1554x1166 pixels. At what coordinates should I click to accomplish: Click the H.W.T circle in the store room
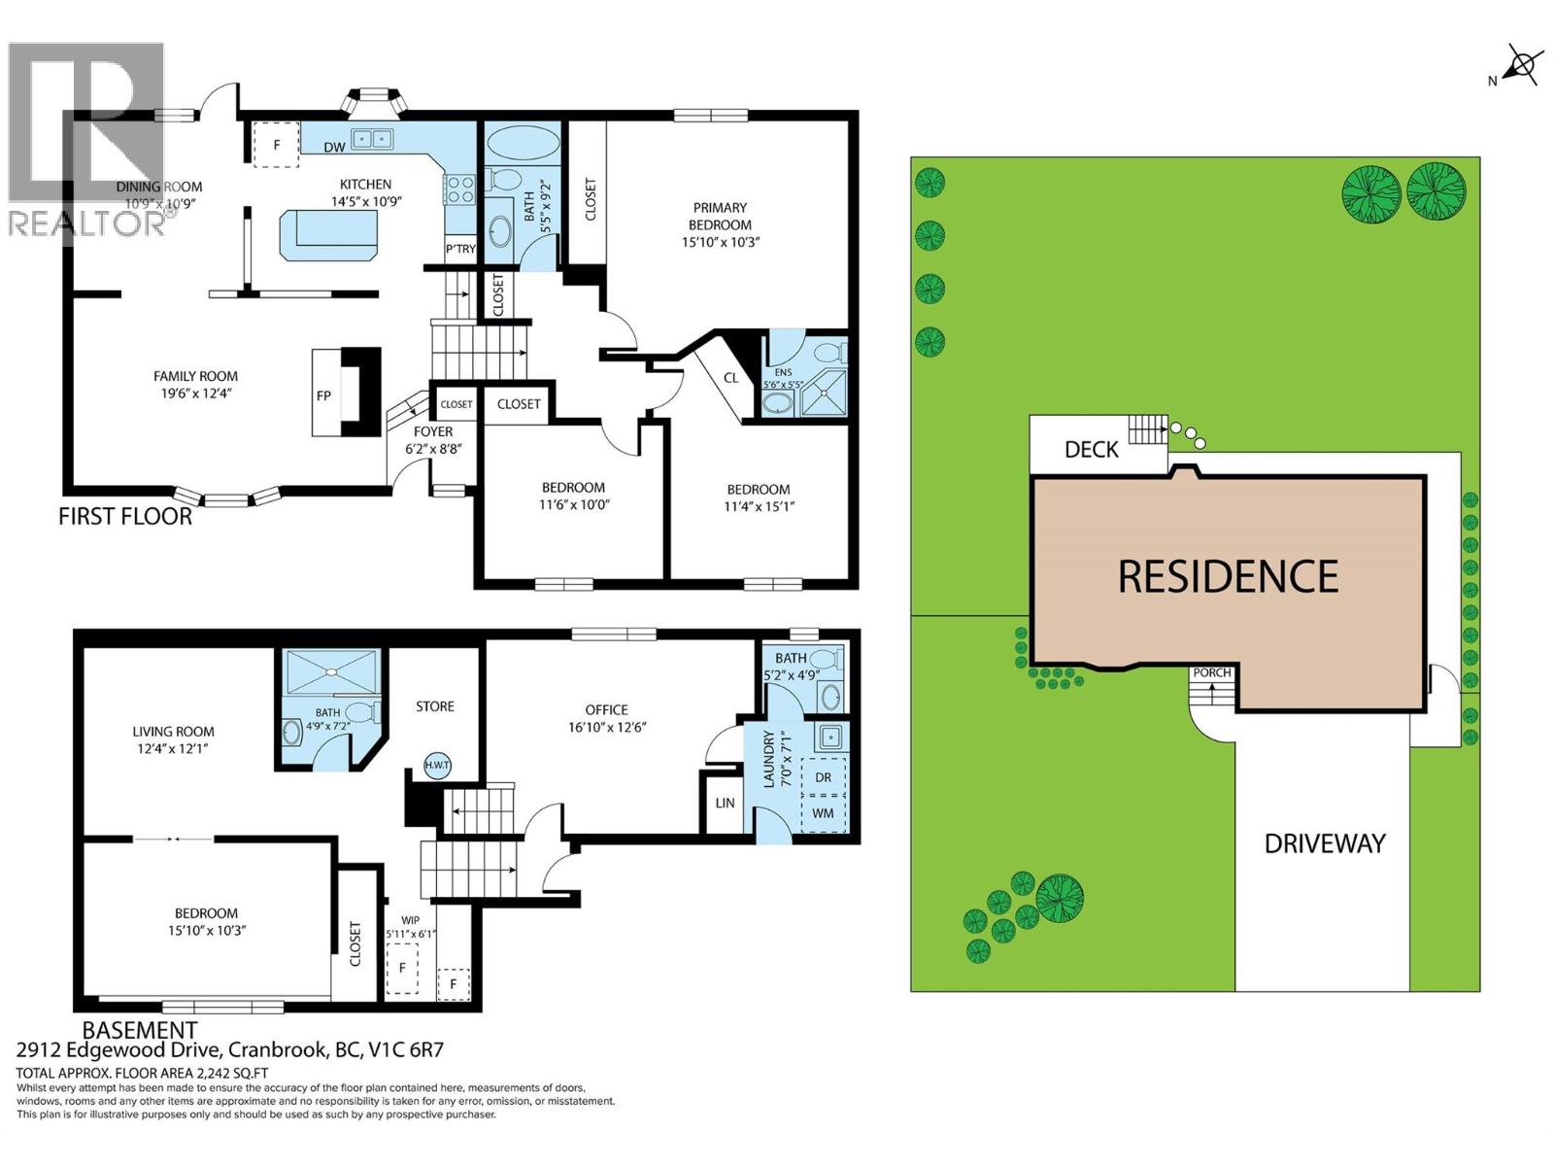[x=437, y=766]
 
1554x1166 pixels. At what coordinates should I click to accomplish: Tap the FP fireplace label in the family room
[x=323, y=395]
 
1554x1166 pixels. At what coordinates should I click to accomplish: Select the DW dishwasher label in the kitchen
[x=334, y=148]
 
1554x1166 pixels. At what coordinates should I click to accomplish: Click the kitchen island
[x=328, y=235]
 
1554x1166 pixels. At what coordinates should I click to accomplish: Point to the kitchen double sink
[x=373, y=139]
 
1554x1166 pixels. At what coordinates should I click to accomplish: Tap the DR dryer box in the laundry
[x=823, y=777]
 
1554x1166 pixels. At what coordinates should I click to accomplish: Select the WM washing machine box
[x=823, y=813]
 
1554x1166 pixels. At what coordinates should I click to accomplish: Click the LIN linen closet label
[x=725, y=803]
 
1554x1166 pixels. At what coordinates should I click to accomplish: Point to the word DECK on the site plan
[x=1091, y=450]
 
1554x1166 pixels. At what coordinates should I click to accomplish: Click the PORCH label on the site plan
[x=1212, y=672]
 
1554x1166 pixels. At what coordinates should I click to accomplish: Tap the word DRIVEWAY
[x=1325, y=843]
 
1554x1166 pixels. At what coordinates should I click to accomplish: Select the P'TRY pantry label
[x=461, y=249]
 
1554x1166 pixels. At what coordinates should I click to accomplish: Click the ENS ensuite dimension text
[x=782, y=385]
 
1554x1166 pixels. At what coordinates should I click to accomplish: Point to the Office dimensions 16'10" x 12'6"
[x=607, y=727]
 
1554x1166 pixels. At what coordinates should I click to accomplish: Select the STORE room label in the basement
[x=435, y=706]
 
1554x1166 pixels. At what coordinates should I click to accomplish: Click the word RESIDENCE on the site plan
[x=1228, y=576]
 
